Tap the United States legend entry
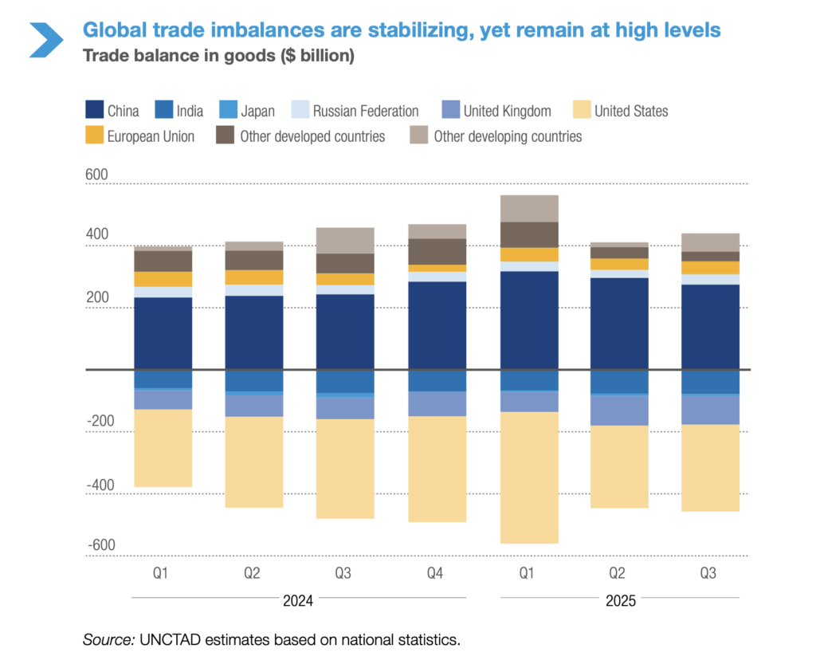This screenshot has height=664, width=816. (x=620, y=111)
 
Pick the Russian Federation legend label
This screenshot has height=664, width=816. (x=365, y=111)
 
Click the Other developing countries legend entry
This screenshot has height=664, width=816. (x=496, y=136)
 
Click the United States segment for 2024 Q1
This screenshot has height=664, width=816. (x=163, y=448)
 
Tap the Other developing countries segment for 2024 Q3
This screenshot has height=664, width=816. (x=345, y=240)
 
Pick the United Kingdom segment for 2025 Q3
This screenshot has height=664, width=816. (x=710, y=410)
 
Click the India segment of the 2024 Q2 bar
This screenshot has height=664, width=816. (x=253, y=380)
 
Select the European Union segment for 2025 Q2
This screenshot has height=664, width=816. (x=619, y=264)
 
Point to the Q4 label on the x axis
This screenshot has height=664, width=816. (x=436, y=573)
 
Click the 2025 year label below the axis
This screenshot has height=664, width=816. (x=619, y=601)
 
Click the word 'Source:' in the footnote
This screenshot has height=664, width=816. (x=109, y=639)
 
